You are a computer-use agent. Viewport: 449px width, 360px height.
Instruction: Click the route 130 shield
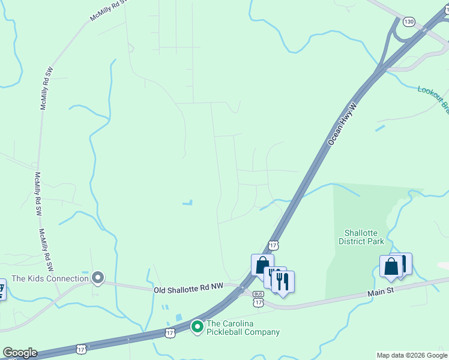pos(409,22)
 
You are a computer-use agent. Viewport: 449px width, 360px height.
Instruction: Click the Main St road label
pos(381,292)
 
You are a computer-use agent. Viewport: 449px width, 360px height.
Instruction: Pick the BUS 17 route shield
pos(258,298)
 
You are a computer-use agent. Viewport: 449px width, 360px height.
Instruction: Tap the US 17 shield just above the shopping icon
pos(274,245)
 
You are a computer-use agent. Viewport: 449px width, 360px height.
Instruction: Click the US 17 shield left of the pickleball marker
pos(170,332)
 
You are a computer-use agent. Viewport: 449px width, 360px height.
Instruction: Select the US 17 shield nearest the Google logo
pos(81,349)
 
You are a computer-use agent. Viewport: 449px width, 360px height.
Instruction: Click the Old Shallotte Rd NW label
pos(187,289)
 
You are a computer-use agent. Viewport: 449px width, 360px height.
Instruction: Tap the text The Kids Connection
pos(50,278)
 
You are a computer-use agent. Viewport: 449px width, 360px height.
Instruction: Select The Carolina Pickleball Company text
pos(243,328)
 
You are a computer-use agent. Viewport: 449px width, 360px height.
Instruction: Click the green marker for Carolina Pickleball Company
pos(197,326)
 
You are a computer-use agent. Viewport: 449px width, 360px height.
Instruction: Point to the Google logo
pos(20,353)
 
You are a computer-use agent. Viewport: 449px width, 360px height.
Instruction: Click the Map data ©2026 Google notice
pos(412,355)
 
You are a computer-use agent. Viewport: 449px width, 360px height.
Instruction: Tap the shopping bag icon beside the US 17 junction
pos(262,265)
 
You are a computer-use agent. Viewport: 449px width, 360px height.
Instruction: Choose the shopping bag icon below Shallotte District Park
pos(390,266)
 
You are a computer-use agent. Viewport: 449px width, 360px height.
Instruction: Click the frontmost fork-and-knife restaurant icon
pos(283,281)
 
